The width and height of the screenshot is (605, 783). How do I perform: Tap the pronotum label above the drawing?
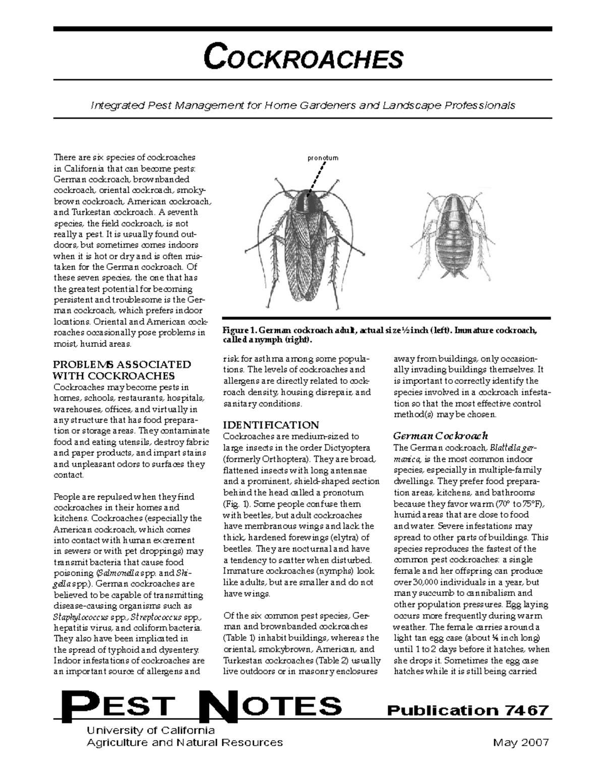point(323,158)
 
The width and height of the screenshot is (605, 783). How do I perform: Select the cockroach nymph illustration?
point(453,236)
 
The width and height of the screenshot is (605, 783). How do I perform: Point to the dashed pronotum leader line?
point(316,178)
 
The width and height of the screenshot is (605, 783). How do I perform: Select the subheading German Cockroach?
point(440,436)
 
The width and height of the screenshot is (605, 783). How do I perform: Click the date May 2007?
point(521,743)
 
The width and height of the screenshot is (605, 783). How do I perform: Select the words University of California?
point(151,730)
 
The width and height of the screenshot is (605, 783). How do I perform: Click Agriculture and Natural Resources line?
point(185,743)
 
